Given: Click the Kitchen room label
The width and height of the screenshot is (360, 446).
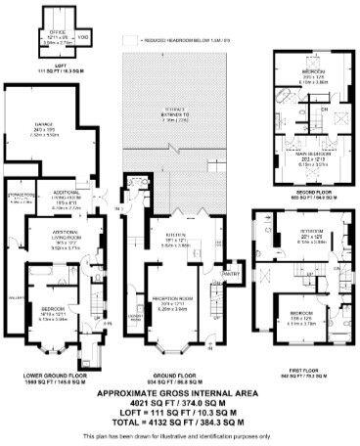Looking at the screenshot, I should [170, 234].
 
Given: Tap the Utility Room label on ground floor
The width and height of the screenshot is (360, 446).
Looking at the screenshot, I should [135, 318].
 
